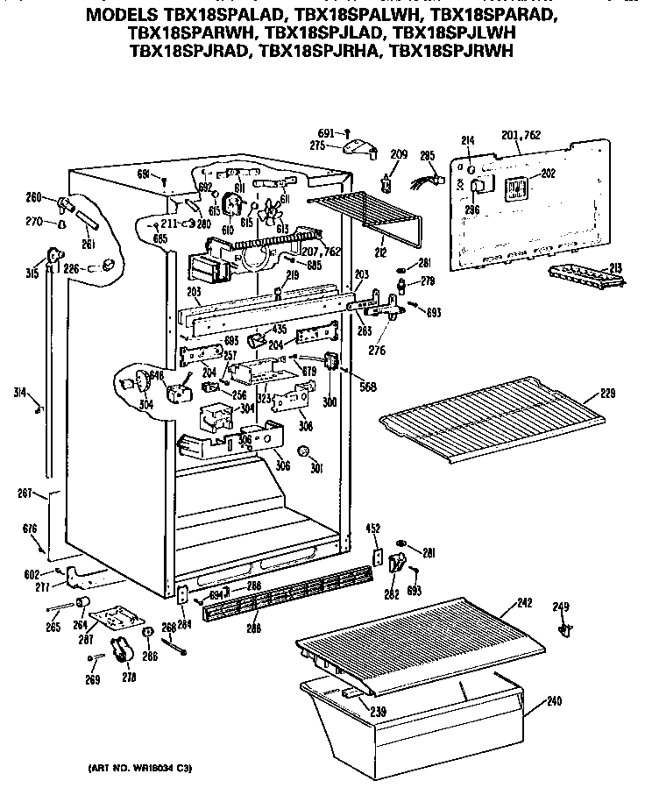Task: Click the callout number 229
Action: coord(610,394)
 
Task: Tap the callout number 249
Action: coord(561,607)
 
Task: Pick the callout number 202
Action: coord(549,174)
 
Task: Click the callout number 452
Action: coord(373,529)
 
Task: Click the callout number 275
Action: coord(318,146)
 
